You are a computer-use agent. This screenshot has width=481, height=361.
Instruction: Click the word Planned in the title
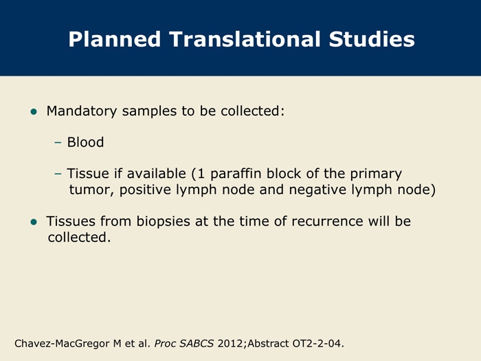pos(115,39)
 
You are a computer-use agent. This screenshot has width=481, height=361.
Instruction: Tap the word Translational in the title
pos(245,39)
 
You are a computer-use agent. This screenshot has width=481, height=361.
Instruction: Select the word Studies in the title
pos(372,39)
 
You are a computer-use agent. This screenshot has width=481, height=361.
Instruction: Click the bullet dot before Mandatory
pos(34,111)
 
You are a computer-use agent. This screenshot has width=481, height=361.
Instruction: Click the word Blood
pos(86,142)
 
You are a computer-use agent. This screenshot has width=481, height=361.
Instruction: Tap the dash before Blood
pos(58,142)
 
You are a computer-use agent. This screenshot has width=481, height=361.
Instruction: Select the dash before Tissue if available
pos(58,174)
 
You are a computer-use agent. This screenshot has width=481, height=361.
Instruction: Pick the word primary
pos(376,175)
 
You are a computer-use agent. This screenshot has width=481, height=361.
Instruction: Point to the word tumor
pos(91,190)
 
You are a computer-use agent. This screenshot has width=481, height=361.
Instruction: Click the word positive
pos(145,190)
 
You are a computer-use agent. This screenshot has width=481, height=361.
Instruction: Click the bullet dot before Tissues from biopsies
pos(34,222)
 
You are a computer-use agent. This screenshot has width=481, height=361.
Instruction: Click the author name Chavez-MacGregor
pos(63,344)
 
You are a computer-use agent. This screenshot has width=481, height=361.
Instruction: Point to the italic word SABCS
pos(197,343)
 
